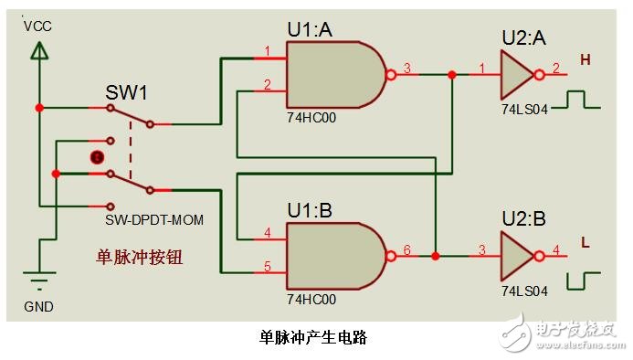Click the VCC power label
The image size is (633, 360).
click(x=38, y=26)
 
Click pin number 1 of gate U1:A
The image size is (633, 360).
click(x=267, y=50)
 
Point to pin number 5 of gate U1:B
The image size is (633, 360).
click(x=267, y=267)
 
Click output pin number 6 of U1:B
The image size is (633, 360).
click(x=407, y=249)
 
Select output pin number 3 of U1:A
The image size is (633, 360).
click(x=407, y=68)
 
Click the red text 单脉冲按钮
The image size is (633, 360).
click(x=140, y=258)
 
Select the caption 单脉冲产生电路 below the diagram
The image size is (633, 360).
click(x=313, y=336)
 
